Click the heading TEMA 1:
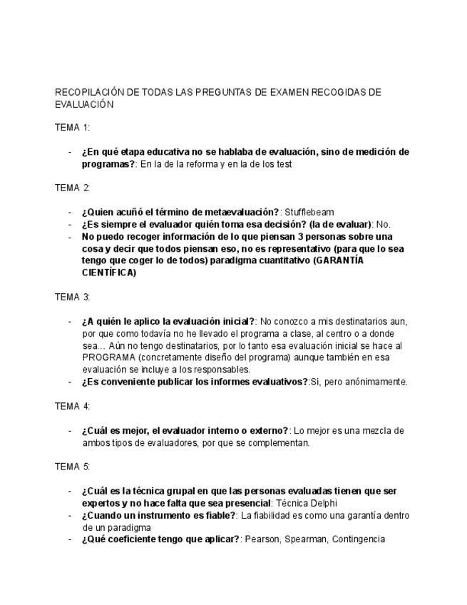[x=72, y=128]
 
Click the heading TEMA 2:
[x=72, y=188]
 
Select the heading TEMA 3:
[x=72, y=297]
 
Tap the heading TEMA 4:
[x=72, y=406]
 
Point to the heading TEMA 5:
[x=72, y=467]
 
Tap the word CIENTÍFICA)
[x=109, y=273]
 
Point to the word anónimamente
[x=374, y=382]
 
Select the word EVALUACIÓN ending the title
[x=84, y=104]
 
